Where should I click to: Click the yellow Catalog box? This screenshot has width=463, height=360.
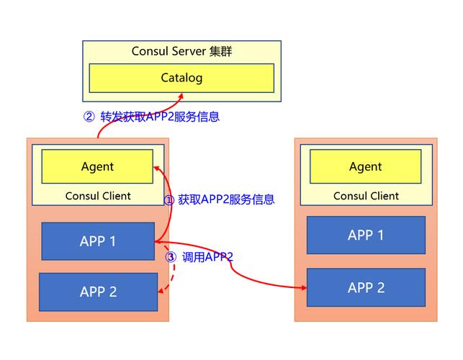[181, 78]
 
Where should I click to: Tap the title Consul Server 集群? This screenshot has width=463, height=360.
[181, 52]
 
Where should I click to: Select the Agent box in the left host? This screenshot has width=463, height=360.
[97, 166]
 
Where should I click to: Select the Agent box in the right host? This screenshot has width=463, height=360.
[366, 166]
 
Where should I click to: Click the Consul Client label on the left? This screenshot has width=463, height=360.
[98, 196]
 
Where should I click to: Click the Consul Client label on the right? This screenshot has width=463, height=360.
[366, 196]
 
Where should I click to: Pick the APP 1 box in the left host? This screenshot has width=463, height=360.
[98, 241]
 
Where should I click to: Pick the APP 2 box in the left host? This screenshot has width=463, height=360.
[98, 292]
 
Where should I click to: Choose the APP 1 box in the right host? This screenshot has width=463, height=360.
[366, 235]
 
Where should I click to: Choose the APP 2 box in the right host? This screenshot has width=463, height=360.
[366, 287]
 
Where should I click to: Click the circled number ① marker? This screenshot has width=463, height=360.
[169, 200]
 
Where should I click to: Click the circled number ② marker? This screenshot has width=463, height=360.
[89, 117]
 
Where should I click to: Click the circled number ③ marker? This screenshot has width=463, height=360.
[171, 257]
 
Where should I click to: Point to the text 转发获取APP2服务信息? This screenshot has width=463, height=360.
[160, 117]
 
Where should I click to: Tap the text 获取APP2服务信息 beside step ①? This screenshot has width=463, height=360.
[226, 199]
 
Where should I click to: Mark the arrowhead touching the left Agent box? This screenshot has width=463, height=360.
[156, 167]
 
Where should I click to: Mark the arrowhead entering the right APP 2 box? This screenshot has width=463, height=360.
[303, 287]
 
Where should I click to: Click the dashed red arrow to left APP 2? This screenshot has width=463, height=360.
[170, 277]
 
